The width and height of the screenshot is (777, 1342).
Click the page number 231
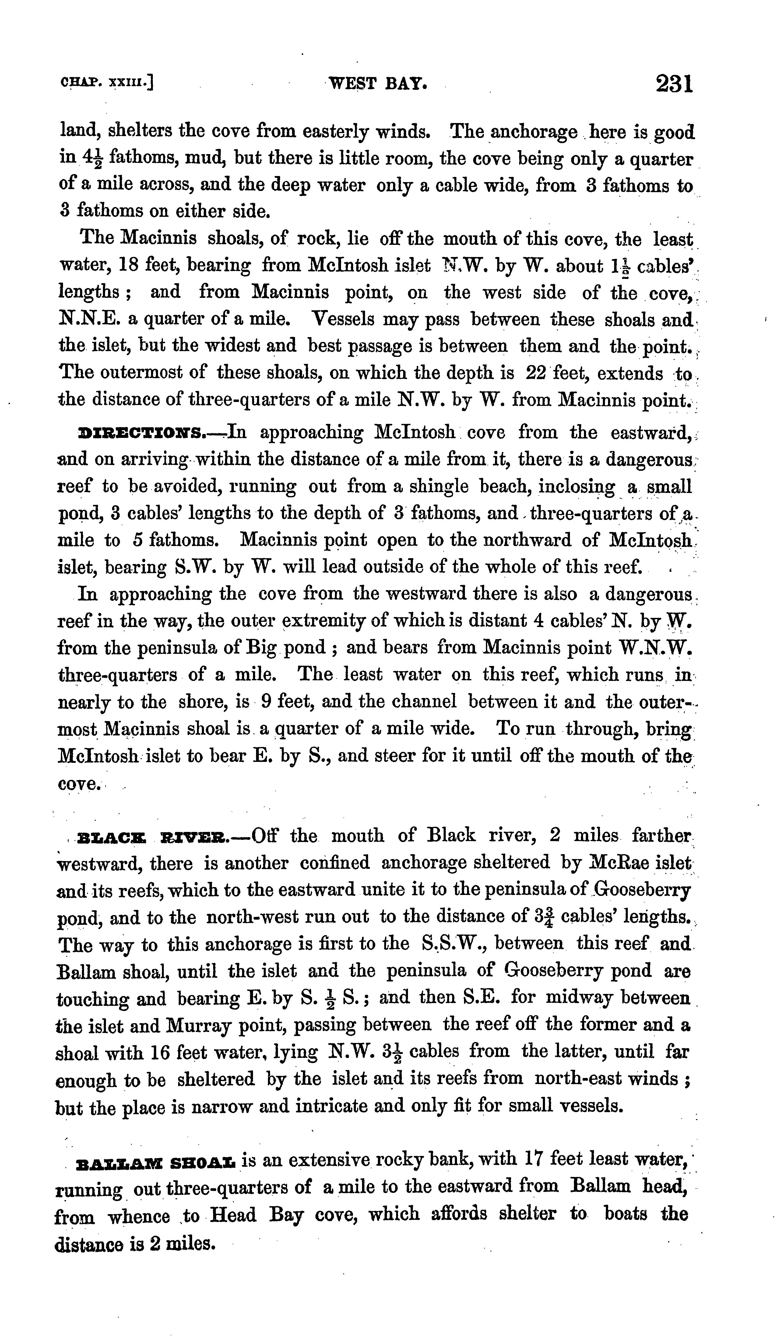coord(674,84)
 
